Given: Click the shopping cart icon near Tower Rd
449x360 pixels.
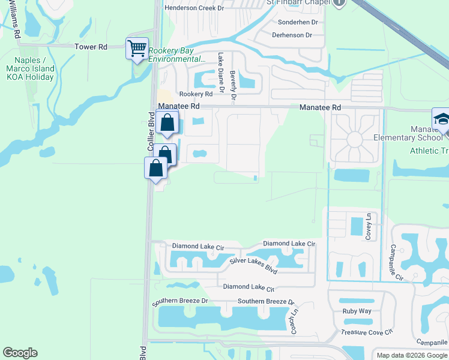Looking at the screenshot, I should (137, 47).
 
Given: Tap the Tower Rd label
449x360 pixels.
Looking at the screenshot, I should (90, 46).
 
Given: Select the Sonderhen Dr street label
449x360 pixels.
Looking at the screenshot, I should (297, 22).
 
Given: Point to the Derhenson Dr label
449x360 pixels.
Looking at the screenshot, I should (292, 35).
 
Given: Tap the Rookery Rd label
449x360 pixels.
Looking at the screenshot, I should (196, 94).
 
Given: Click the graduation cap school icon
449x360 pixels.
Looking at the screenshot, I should (442, 118).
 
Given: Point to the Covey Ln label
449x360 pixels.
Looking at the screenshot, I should (370, 226).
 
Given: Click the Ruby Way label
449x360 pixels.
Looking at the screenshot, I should (357, 311).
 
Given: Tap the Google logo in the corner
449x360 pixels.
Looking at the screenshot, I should (20, 353).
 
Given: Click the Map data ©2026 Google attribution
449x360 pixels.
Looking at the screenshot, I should (412, 355).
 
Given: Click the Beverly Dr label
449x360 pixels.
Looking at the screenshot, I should (233, 83).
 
